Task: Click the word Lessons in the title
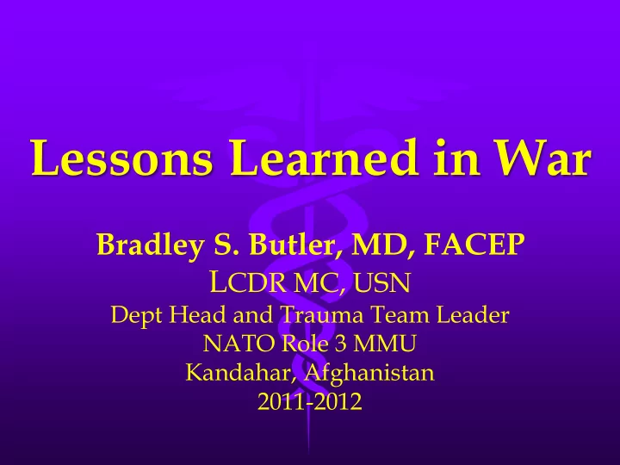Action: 121,158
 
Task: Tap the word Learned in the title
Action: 324,157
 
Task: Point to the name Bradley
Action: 151,245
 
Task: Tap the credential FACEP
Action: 474,245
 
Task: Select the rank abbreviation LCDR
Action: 247,282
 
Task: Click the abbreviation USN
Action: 382,282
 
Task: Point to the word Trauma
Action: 321,315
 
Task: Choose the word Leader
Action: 473,315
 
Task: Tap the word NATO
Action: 239,344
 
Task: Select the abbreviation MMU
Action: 385,344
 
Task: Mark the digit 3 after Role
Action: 340,344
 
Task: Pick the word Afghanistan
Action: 369,373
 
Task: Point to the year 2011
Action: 281,401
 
